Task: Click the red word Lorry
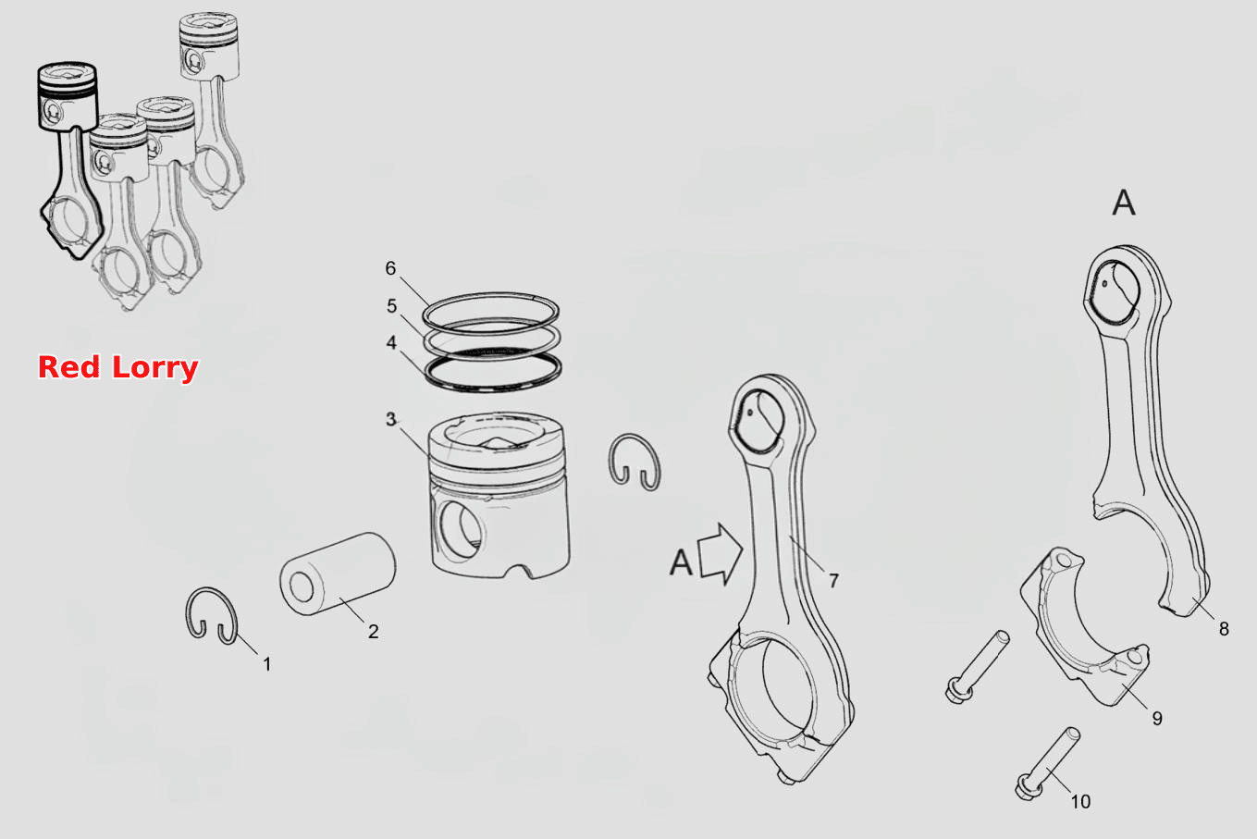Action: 154,369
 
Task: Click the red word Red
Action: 69,367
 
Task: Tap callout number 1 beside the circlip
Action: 267,664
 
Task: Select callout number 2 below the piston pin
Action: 373,632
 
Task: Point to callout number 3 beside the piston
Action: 391,419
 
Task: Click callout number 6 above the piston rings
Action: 390,268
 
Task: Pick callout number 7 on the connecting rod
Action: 834,581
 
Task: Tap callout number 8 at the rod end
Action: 1224,629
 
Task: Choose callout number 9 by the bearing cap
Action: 1157,719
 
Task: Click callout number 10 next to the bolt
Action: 1080,802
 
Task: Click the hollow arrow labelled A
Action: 721,554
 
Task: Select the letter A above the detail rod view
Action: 1124,203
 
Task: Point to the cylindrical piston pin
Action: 338,574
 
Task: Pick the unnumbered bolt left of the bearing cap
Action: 978,666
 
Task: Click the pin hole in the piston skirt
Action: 460,530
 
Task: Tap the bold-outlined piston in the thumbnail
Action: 68,96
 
